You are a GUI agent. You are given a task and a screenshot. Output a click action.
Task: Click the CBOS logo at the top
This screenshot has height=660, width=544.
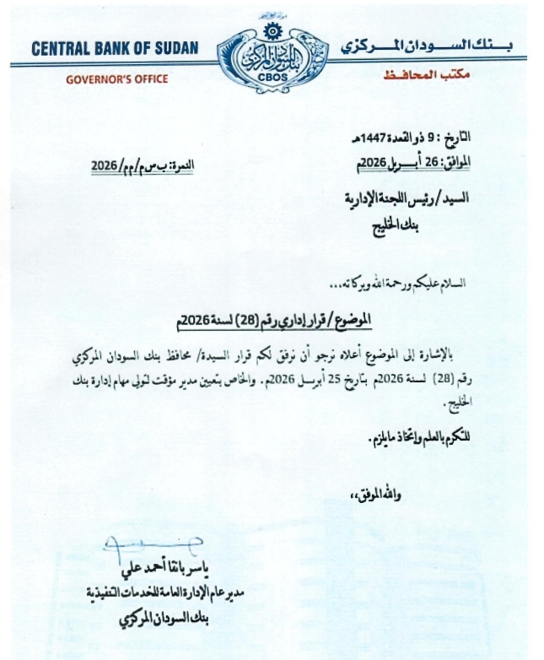(x=271, y=53)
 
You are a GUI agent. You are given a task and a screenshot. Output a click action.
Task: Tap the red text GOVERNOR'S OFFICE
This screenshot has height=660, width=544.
(x=116, y=79)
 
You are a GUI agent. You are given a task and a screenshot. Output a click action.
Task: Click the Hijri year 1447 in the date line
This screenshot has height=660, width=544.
(x=383, y=137)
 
